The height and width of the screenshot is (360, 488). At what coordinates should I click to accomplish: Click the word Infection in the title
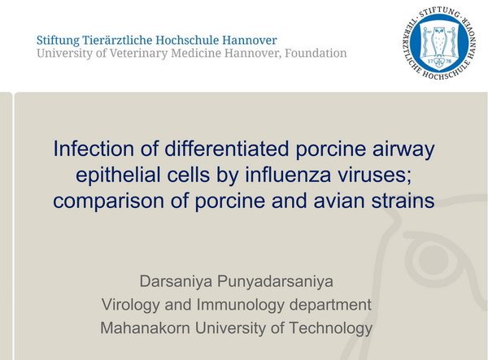[94, 149]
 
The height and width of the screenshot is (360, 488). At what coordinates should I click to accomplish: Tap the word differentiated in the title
[227, 149]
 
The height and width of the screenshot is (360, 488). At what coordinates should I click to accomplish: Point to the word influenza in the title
[288, 175]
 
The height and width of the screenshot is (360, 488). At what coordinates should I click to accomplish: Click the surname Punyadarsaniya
[275, 282]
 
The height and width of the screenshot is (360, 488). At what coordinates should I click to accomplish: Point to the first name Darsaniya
[176, 282]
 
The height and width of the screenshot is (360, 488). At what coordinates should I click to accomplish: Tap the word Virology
[131, 306]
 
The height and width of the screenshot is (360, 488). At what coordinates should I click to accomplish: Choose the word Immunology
[240, 306]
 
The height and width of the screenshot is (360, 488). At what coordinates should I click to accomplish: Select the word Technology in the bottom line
[330, 329]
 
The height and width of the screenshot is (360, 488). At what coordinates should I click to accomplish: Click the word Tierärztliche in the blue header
[117, 41]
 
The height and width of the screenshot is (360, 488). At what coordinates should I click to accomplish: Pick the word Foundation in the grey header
[316, 53]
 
